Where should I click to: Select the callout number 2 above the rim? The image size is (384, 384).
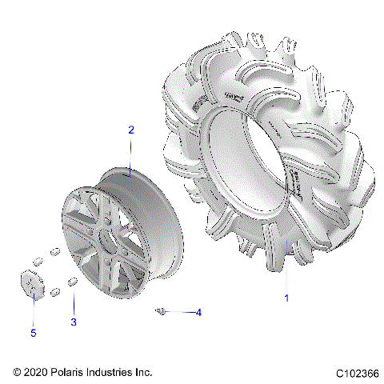tap(131, 130)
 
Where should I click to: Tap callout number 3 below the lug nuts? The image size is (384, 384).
tap(74, 322)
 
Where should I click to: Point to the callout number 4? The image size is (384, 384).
tap(198, 312)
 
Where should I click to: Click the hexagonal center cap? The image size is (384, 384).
tap(33, 284)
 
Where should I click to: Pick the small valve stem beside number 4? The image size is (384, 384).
tap(161, 310)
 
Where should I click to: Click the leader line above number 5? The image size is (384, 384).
tap(33, 307)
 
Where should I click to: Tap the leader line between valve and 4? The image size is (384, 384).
tap(179, 311)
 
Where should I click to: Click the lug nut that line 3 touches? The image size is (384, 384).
tap(72, 282)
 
